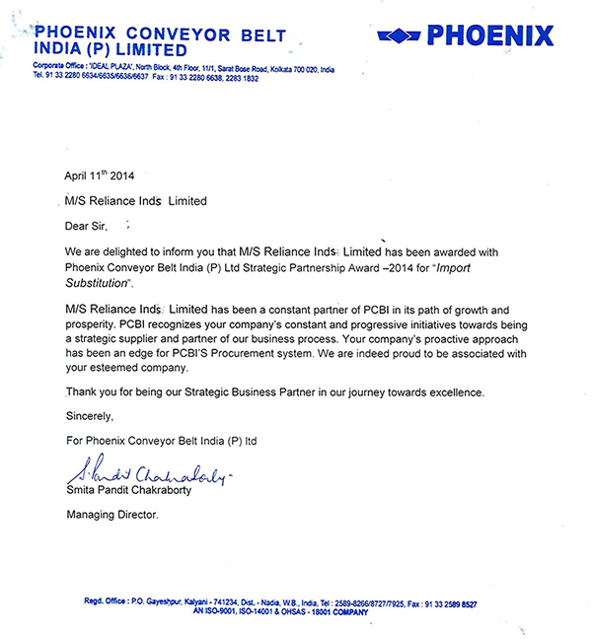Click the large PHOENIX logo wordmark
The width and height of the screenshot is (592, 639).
point(489,36)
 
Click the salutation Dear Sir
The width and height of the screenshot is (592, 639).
point(91,226)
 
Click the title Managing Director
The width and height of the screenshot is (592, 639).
point(111,515)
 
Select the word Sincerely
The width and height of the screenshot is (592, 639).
point(90,416)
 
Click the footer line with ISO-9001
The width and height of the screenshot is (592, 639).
point(296,611)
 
